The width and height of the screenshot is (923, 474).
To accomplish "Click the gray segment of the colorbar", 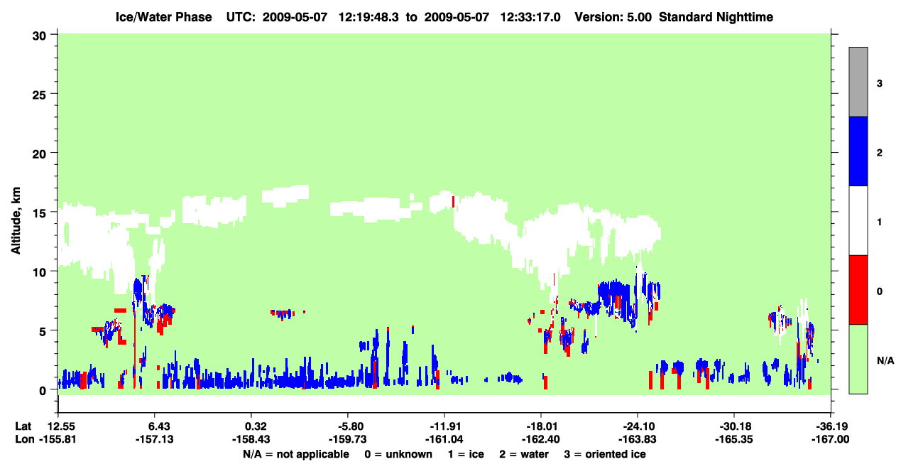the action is pos(858,82).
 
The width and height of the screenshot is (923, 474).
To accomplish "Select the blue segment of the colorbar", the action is pos(858,151).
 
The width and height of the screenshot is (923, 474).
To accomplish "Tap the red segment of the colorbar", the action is pos(858,290).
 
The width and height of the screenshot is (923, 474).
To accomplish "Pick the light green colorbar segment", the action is pos(858,359).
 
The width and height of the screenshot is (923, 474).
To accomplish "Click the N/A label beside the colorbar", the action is pos(885,360).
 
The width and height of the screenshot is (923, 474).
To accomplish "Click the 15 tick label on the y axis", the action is pos(39,213).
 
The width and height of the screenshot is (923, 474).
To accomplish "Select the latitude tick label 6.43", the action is pos(155,426).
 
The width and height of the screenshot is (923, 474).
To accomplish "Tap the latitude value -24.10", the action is pos(637,426).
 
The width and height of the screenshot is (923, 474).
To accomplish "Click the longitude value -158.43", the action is pos(251,439).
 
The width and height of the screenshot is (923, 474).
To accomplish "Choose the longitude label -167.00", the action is pos(830,439).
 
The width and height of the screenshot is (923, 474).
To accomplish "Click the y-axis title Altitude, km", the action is pos(16,220).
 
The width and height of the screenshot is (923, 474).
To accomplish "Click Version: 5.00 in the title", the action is pos(613,17).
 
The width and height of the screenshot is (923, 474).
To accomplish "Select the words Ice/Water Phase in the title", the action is pos(163,17).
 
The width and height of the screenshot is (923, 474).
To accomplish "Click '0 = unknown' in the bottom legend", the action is pos(398,454).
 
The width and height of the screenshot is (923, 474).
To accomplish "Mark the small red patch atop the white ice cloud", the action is pos(453,202).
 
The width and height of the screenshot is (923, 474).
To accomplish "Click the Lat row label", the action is pos(23,426).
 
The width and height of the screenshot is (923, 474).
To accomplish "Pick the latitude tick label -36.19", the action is pos(830,426).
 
